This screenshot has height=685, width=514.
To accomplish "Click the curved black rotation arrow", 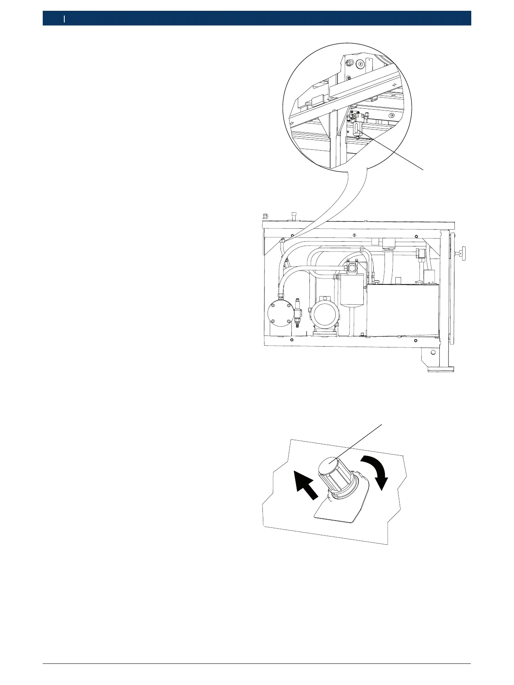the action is pos(380,470).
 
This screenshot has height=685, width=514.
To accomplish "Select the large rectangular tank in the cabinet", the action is pos(401,311).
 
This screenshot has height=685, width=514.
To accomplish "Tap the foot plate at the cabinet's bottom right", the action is pos(440,369).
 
